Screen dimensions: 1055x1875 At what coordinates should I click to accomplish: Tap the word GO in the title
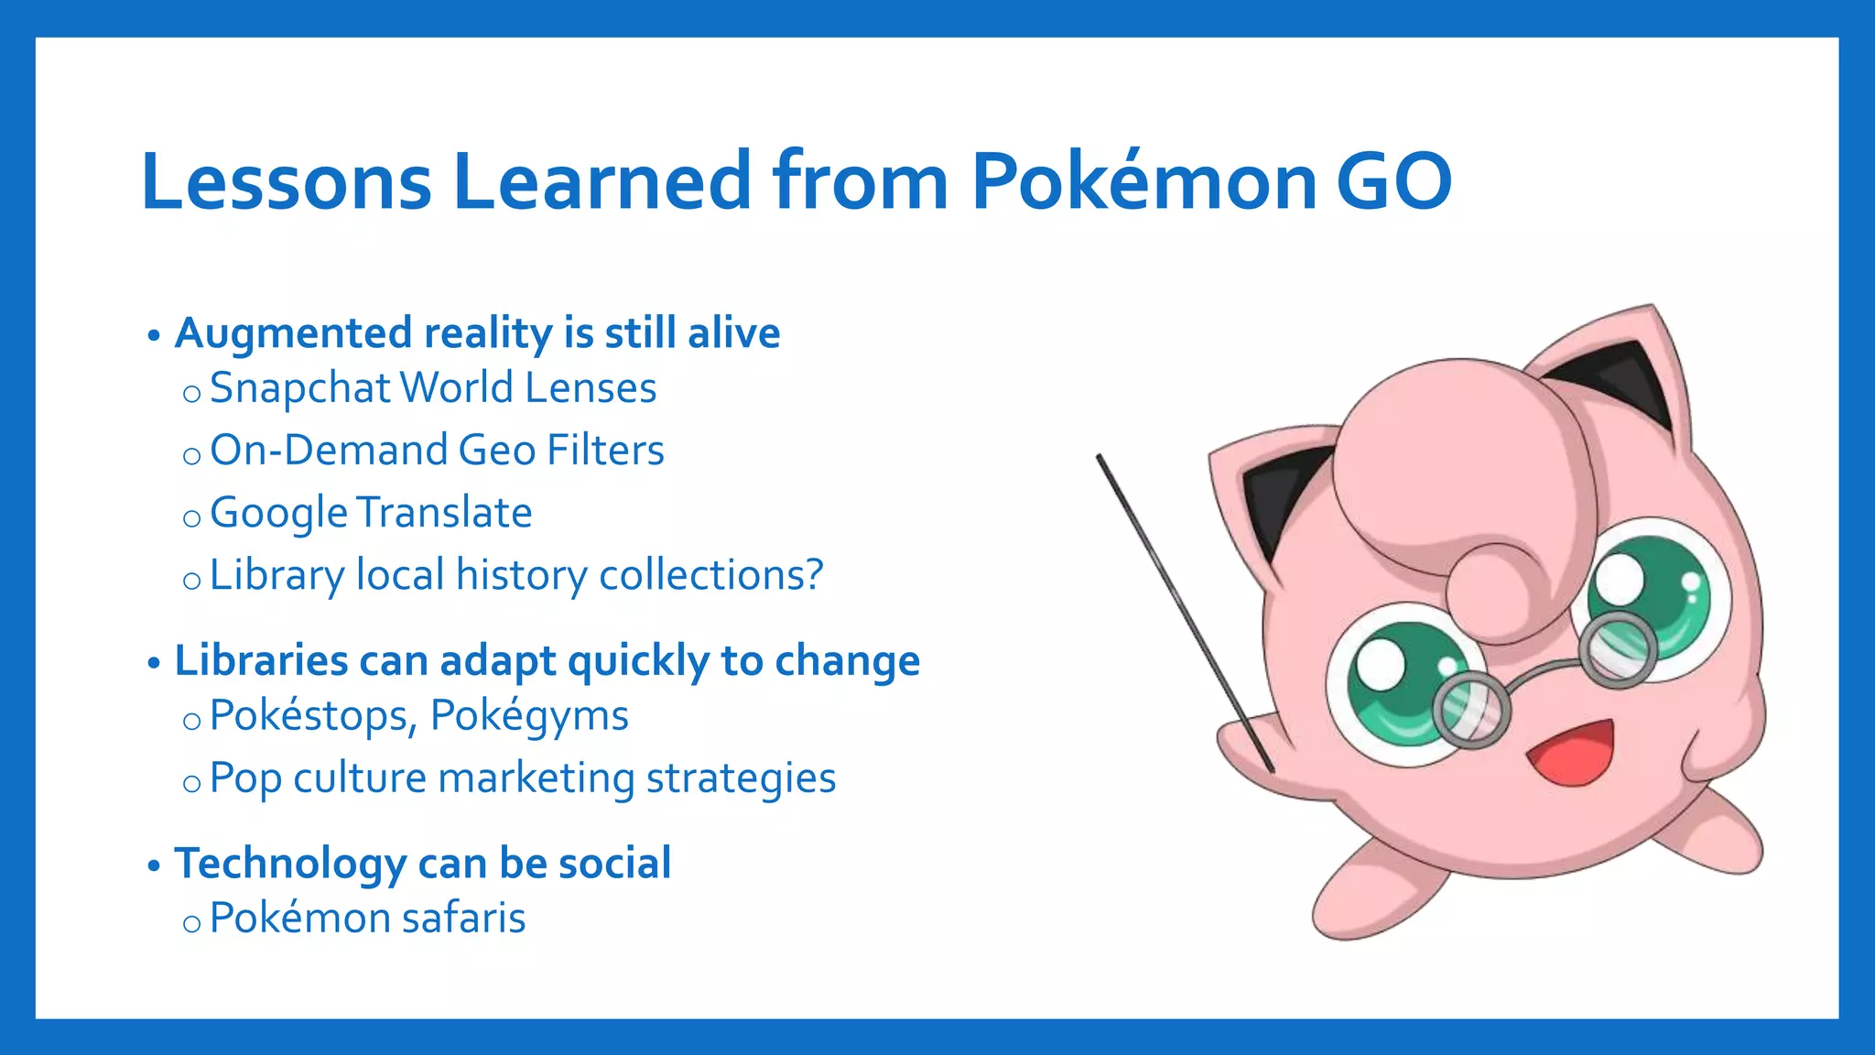[x=1393, y=181]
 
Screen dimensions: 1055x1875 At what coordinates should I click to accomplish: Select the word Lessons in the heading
[x=286, y=181]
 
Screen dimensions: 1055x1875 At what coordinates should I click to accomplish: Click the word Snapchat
[x=300, y=388]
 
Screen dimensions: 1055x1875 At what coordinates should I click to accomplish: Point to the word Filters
[x=605, y=451]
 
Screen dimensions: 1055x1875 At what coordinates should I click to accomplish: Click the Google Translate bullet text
[x=371, y=513]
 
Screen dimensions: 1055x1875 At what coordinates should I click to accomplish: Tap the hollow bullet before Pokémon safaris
[x=191, y=923]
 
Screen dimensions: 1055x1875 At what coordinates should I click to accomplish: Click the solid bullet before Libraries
[x=154, y=663]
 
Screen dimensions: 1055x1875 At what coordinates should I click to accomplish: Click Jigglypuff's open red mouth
[x=1571, y=753]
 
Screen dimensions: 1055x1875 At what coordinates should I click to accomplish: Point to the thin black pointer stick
[x=1181, y=604]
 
